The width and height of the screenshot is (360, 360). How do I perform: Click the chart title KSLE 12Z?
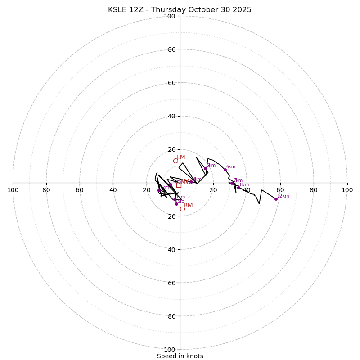tap(180, 10)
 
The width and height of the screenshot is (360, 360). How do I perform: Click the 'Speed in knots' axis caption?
tap(180, 356)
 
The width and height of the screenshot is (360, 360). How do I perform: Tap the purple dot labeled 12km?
tap(276, 199)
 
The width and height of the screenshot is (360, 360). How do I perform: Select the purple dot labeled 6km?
tap(225, 170)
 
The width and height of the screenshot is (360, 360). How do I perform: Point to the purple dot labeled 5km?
tap(205, 168)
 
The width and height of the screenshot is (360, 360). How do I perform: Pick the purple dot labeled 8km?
tap(238, 188)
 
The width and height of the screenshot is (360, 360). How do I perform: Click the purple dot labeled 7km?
tap(232, 183)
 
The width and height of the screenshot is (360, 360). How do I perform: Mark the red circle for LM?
tap(175, 161)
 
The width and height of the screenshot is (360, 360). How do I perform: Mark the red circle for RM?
tap(182, 209)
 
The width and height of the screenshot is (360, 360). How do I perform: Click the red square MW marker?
tap(179, 185)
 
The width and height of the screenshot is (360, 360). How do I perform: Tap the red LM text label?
tap(181, 157)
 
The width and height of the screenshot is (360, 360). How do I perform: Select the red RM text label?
tap(188, 205)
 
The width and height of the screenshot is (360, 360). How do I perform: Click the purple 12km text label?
tap(283, 196)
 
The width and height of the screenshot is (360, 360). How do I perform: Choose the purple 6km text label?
tap(231, 166)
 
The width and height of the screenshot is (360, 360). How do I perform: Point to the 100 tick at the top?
tap(169, 16)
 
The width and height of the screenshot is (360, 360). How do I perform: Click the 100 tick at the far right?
tap(347, 190)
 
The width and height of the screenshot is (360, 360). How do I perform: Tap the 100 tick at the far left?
tap(13, 190)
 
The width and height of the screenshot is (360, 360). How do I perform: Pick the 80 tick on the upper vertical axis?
tap(171, 49)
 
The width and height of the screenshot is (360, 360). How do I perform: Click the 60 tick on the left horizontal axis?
tap(80, 190)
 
